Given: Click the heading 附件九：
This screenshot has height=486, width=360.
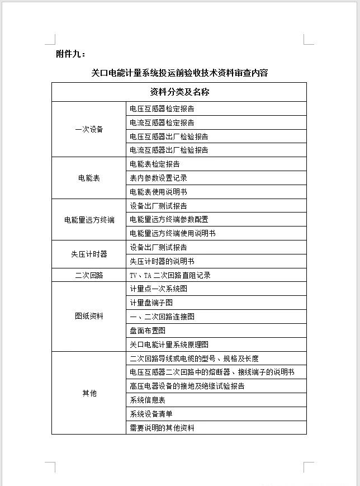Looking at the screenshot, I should tap(71, 54).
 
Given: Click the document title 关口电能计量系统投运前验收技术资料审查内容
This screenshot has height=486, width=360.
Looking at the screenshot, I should tap(179, 73).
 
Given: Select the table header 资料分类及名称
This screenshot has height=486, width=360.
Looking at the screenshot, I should tap(179, 92).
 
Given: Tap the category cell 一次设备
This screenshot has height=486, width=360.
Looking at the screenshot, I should tap(89, 129).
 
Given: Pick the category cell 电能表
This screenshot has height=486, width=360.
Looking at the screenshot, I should tap(89, 178).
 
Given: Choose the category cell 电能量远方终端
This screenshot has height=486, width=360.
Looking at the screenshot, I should tap(89, 220).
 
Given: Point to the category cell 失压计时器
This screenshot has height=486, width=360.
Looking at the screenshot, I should tap(89, 254).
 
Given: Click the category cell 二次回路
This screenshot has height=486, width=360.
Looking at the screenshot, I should tap(89, 275).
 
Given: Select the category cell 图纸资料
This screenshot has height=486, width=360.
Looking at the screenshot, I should tap(89, 316).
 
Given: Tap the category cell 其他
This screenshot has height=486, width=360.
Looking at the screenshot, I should tap(89, 393).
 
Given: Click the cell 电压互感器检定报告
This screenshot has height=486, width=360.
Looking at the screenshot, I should tap(162, 109).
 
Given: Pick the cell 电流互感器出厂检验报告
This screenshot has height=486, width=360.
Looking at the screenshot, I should tap(169, 150).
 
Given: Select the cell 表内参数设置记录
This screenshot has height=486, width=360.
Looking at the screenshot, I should tap(158, 178).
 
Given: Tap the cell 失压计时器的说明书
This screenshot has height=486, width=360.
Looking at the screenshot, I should tap(162, 261).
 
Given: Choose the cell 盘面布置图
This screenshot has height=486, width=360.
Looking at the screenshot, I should tap(148, 331).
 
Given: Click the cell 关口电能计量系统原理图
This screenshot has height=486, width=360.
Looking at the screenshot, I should tap(169, 345).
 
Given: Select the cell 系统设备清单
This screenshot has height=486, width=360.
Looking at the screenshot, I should tap(151, 414).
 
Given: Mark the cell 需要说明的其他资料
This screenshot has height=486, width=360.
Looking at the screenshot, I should tap(162, 428).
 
